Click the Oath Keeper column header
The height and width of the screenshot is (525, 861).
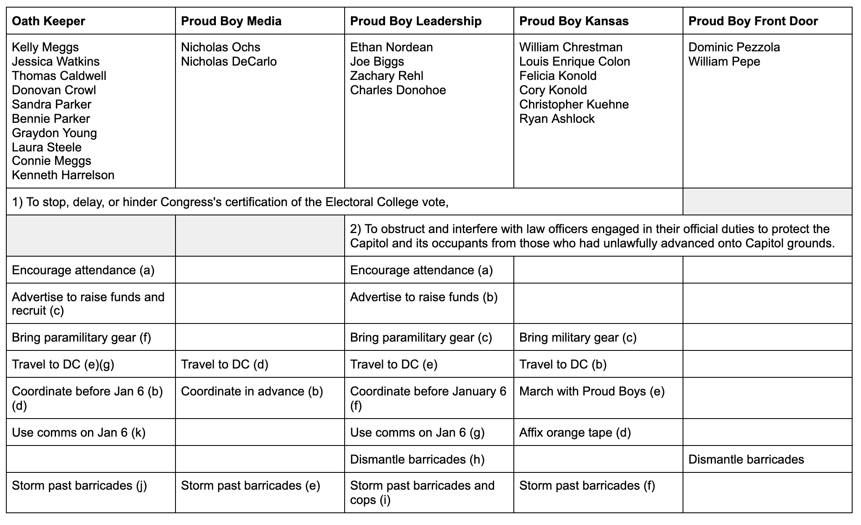pos(48,21)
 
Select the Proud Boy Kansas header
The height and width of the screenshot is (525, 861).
pos(574,21)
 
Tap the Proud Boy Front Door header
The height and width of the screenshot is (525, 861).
pos(753,21)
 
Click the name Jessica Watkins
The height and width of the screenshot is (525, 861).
pos(56,61)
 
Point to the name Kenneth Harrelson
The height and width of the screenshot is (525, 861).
pos(63,175)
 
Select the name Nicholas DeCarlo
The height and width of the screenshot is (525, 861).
pos(229,61)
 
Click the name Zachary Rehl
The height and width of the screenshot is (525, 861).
pos(386,76)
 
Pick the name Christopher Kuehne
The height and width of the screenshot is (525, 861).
pos(574,104)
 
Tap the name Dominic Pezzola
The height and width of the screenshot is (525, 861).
pos(734,47)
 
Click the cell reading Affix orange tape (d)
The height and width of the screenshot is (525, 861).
pos(575,432)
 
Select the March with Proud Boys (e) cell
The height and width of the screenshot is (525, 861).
pos(592,391)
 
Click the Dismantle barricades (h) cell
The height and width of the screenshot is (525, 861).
pos(417,459)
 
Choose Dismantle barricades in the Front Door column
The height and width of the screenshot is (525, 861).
pos(746,459)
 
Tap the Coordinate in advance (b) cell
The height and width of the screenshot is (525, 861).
pos(252,391)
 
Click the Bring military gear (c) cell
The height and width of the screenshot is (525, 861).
pos(577,337)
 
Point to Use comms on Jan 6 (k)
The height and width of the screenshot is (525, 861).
pos(78,432)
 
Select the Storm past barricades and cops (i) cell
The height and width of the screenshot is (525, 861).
pos(422,492)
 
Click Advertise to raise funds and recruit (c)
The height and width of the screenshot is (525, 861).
pos(88,304)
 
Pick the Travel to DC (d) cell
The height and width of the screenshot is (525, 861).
pos(224,364)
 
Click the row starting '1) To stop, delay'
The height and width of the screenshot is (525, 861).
pos(230,202)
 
